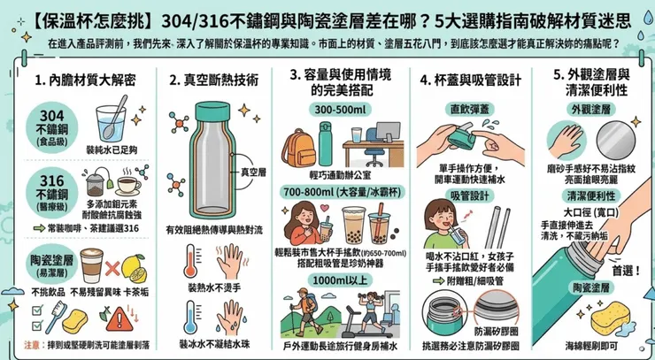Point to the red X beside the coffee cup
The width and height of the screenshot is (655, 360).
click(111, 266)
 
